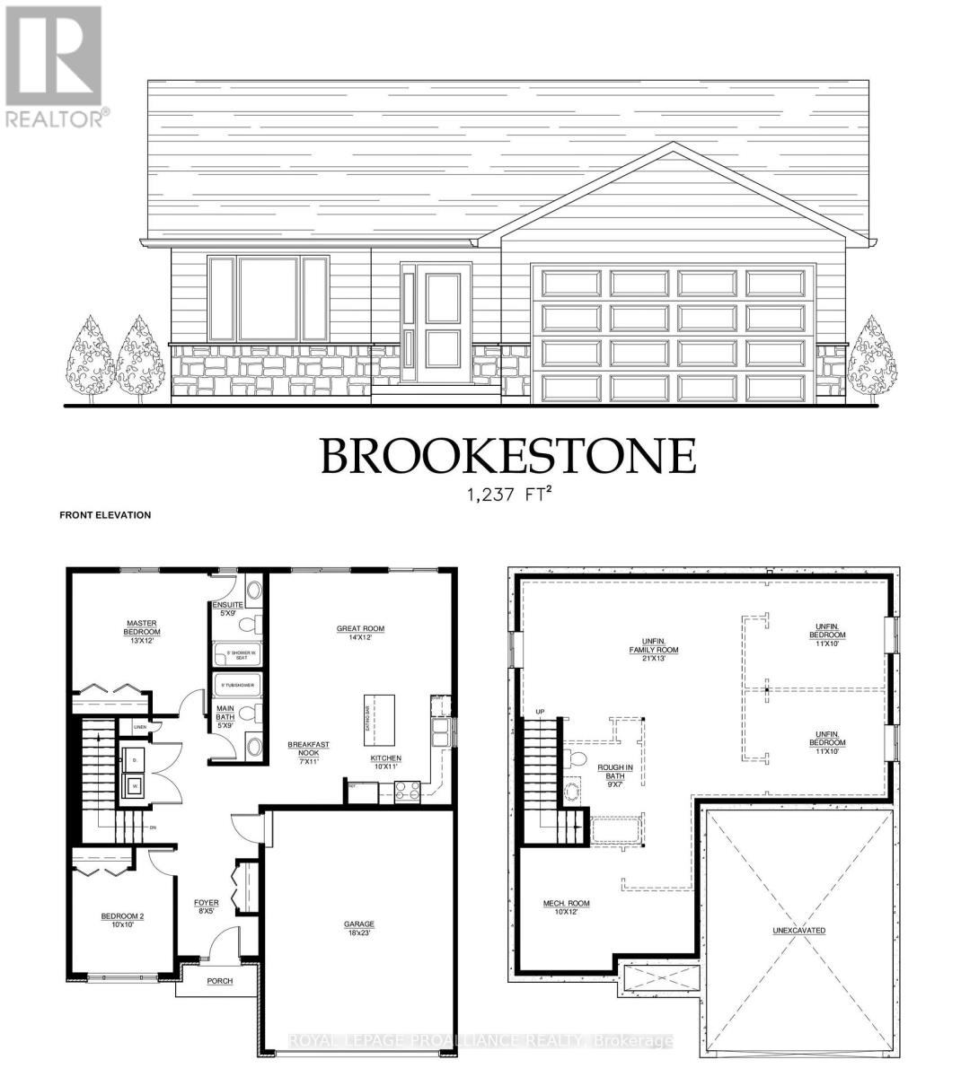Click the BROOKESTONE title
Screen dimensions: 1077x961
pos(508,456)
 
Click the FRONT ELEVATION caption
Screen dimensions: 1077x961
pos(105,516)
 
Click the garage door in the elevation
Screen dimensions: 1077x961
pos(674,334)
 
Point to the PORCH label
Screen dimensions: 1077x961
pos(219,981)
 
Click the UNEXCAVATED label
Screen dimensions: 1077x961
pos(798,931)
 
